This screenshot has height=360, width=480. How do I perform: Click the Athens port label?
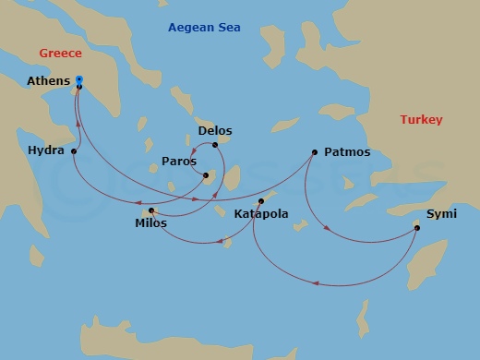tap(48, 81)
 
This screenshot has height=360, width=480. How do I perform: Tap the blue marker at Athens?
tap(79, 79)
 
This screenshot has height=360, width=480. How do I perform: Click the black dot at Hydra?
tap(73, 150)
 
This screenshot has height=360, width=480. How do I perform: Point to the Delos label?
tap(213, 131)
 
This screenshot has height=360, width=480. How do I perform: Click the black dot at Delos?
tap(215, 144)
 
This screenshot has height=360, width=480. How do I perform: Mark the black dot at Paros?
tap(206, 174)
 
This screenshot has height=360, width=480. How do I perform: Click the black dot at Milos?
tap(151, 211)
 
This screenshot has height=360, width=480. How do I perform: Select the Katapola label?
tap(261, 214)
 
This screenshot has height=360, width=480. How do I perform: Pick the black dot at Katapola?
tap(261, 201)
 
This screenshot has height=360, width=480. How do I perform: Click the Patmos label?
tap(348, 152)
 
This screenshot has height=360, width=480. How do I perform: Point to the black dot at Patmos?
tap(315, 152)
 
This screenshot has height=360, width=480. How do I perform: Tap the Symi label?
tap(440, 215)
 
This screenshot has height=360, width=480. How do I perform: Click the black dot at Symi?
tap(417, 224)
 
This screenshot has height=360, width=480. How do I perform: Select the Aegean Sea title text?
tap(204, 28)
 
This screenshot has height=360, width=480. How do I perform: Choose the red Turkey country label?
tap(421, 120)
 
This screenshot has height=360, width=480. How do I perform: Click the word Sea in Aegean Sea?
tap(228, 28)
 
